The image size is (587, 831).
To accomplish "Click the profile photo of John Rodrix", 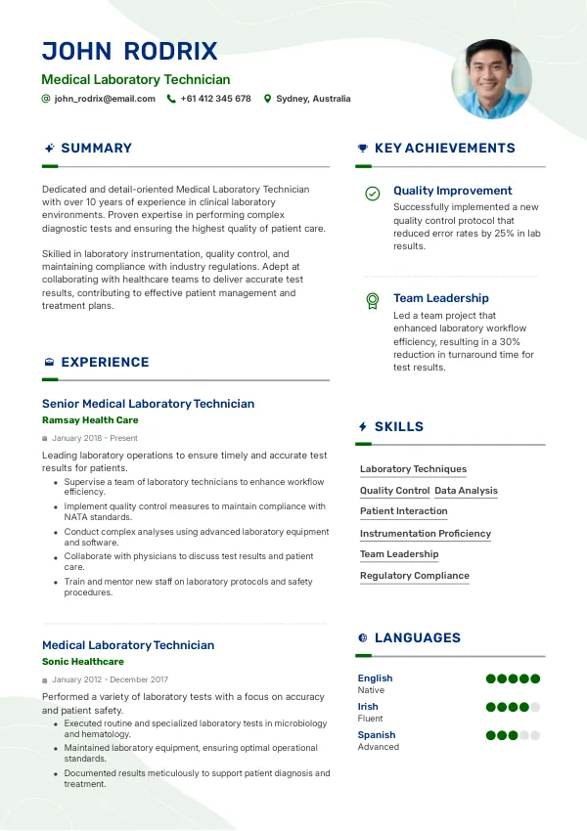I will (491, 79).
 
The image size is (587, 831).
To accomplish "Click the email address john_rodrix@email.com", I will (105, 99).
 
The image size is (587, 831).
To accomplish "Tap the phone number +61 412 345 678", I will (215, 99).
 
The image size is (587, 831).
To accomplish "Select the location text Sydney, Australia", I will (313, 99).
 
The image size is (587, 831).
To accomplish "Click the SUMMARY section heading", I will (96, 149).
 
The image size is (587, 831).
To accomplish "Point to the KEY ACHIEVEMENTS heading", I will (444, 149).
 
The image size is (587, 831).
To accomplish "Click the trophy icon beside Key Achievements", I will (363, 149).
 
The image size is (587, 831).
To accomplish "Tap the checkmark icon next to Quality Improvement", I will (372, 194).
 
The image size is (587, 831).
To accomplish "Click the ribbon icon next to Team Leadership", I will (372, 301).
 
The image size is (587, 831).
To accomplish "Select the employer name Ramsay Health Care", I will (90, 420).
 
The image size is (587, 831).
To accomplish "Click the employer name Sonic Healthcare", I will (83, 662).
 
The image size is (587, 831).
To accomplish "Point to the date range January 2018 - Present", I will (95, 438).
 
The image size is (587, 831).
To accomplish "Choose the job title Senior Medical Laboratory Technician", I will (148, 404).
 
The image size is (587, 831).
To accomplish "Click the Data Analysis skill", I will (466, 491).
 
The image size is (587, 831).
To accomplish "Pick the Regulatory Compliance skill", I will (415, 576).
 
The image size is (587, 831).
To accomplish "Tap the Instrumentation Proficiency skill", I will (426, 534).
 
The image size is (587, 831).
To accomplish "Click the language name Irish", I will (368, 707).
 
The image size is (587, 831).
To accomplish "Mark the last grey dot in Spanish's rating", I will (535, 735).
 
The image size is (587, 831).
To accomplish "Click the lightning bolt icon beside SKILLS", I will (363, 427).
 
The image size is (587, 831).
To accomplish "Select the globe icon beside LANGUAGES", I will (363, 638).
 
